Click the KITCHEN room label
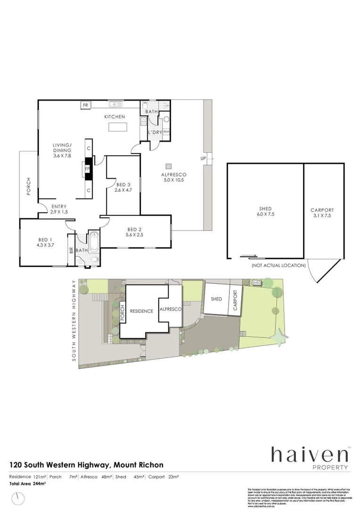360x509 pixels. pos(115,116)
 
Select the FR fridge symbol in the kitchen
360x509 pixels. pos(86,105)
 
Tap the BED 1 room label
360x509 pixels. pos(45,239)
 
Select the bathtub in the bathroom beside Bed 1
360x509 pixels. pos(94,242)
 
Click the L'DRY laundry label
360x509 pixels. pos(155,132)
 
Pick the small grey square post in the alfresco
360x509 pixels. pos(168,165)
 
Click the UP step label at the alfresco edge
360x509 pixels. pos(204,158)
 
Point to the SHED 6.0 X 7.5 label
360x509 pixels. pos(265,212)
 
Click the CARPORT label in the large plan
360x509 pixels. pos(322,210)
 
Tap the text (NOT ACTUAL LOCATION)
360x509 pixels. pos(278,265)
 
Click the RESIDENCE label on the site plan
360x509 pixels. pos(141,311)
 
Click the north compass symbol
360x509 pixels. pos(18,498)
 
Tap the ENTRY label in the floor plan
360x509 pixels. pos(59,206)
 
